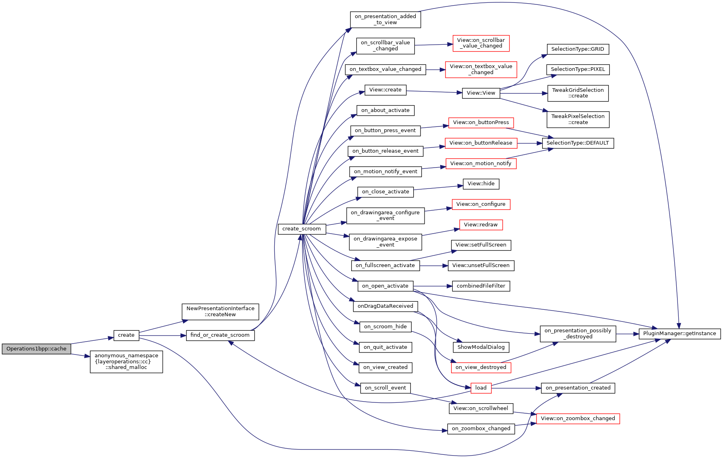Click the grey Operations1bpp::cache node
pos(36,349)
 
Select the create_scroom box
pos(302,229)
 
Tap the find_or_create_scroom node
pos(220,335)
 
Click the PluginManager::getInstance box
pos(679,334)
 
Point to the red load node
pos(481,388)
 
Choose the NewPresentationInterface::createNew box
pos(220,311)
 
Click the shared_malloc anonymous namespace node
pos(126,361)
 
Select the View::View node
pos(481,93)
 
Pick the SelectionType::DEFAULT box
pos(578,143)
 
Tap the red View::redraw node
pos(481,225)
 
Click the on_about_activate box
pos(385,110)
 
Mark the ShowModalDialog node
pos(481,347)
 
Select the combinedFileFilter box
pos(481,286)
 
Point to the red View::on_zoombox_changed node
pos(578,419)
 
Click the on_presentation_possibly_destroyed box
pos(578,334)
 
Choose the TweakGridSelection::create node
pos(578,93)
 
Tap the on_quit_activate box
pos(385,347)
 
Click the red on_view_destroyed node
pos(481,367)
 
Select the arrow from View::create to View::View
pos(434,92)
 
